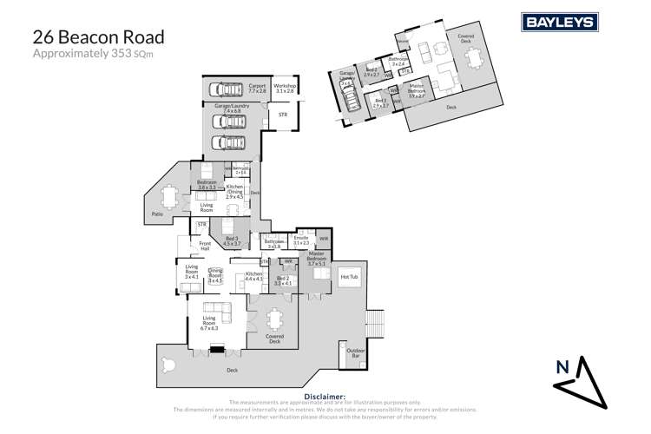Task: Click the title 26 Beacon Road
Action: pyautogui.click(x=96, y=37)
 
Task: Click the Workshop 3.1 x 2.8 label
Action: pyautogui.click(x=285, y=89)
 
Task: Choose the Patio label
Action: pyautogui.click(x=157, y=213)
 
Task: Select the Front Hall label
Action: pyautogui.click(x=206, y=246)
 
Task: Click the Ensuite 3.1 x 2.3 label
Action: pyautogui.click(x=302, y=240)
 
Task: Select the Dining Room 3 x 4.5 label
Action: pyautogui.click(x=215, y=276)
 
